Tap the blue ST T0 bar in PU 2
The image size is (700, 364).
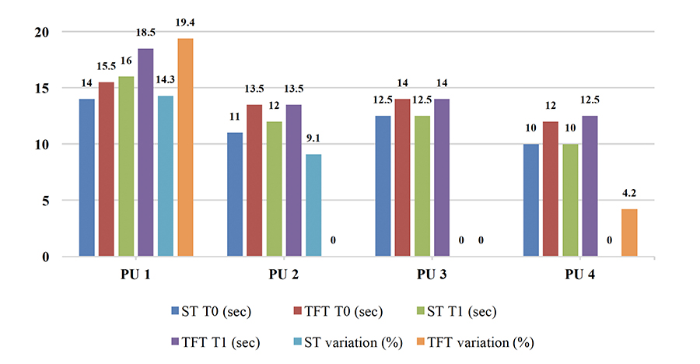pyautogui.click(x=235, y=194)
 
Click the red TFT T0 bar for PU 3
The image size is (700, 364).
pyautogui.click(x=403, y=178)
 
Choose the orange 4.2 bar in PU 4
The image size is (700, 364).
pyautogui.click(x=629, y=233)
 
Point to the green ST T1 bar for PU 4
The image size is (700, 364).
pyautogui.click(x=570, y=201)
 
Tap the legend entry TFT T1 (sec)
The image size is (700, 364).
pyautogui.click(x=220, y=341)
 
